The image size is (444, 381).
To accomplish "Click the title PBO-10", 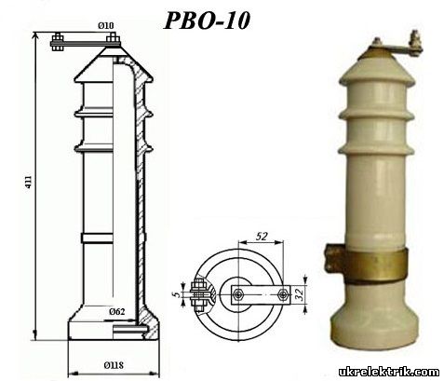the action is tap(207, 20).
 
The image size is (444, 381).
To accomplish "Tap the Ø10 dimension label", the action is tap(106, 25).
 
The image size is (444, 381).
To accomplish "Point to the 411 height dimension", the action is tap(28, 183).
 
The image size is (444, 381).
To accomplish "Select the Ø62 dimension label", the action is tap(117, 311).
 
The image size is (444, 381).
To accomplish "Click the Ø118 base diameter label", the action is tap(114, 365).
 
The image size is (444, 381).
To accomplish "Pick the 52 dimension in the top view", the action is tap(262, 237).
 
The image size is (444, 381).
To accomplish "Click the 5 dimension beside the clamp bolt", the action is tap(177, 293).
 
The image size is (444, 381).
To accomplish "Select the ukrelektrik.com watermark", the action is tap(389, 372).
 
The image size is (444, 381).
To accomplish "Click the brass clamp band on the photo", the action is tap(375, 265).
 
